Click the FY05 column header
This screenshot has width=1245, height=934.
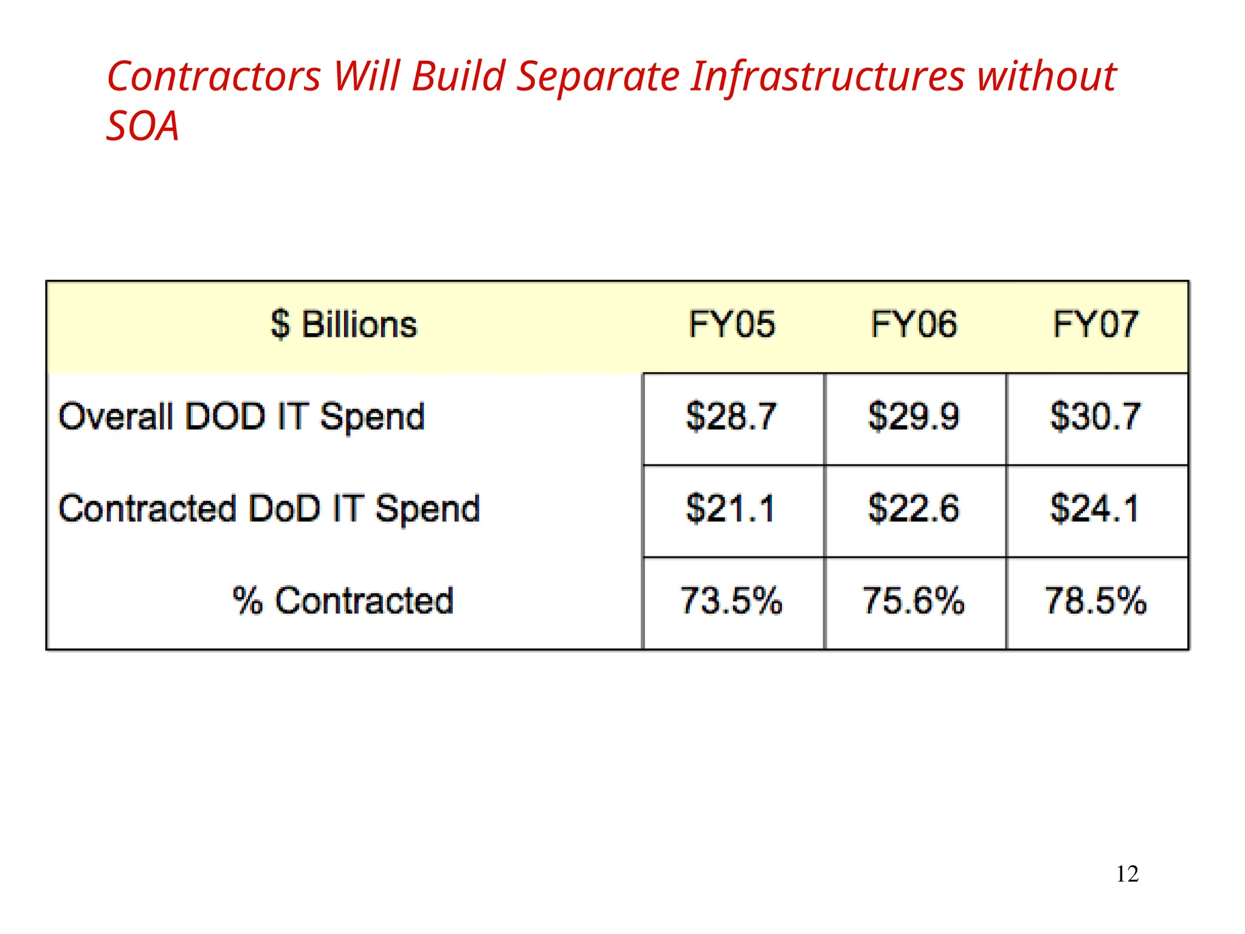tap(731, 324)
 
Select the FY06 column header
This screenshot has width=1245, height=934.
tap(914, 324)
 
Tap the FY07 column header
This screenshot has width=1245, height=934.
tap(1095, 324)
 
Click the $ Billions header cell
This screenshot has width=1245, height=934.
tap(344, 324)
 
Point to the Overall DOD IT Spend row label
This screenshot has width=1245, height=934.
tap(241, 417)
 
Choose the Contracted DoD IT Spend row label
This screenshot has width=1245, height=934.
tap(269, 509)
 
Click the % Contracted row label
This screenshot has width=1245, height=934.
tap(343, 601)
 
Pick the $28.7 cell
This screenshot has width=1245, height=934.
tap(731, 417)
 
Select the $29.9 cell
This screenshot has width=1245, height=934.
tap(914, 417)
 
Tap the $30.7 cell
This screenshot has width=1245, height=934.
tap(1095, 417)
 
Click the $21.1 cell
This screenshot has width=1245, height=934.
tap(731, 509)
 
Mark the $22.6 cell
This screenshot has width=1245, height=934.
tap(914, 509)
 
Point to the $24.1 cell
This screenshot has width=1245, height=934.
tap(1095, 509)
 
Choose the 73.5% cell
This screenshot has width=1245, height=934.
tap(731, 601)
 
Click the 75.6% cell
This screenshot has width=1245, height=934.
tap(914, 601)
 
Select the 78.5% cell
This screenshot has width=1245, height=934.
tap(1095, 601)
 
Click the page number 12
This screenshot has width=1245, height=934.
tap(1127, 874)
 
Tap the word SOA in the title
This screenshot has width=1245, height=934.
tap(143, 126)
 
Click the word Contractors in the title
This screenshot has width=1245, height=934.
tap(214, 77)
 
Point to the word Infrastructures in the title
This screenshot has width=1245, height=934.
tap(828, 77)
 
